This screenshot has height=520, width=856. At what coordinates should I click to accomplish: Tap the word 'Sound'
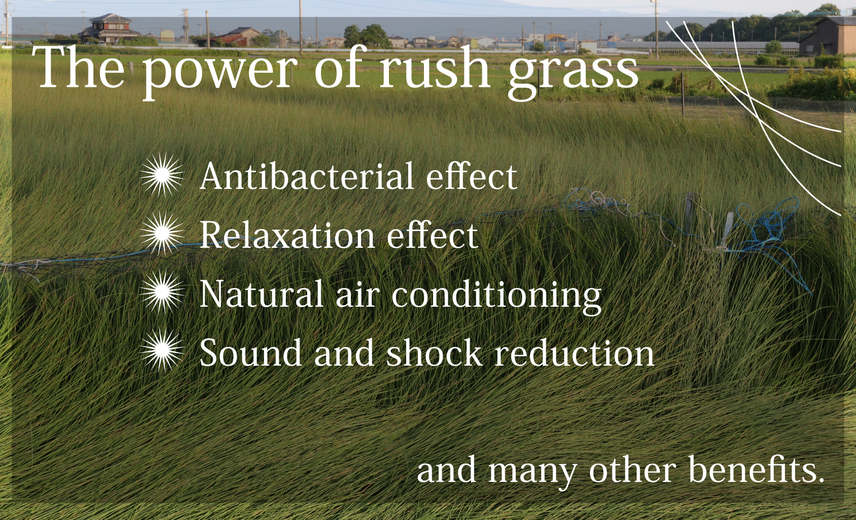coord(251,352)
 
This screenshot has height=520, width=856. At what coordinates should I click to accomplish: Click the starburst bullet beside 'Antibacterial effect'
coord(162,175)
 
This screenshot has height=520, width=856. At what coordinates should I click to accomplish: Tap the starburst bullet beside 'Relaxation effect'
coord(162,233)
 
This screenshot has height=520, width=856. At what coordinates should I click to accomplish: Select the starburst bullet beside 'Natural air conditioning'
coord(162,292)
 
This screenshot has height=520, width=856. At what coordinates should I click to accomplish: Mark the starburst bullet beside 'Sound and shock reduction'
coord(162,350)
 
